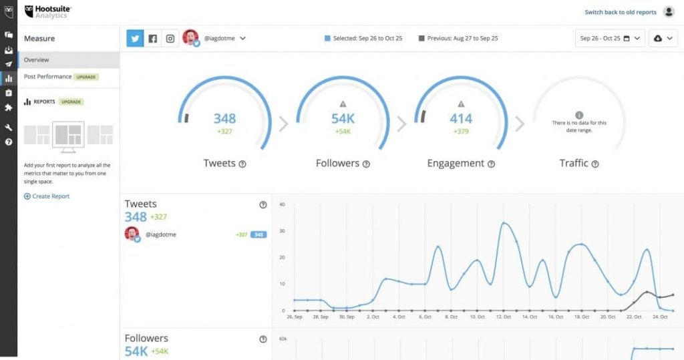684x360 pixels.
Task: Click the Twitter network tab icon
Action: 136,39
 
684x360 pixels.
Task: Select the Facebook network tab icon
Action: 153,39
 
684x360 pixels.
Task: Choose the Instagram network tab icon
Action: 170,39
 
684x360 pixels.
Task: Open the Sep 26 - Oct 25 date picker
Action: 609,39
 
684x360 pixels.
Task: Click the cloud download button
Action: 663,39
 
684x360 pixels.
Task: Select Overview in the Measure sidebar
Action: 37,60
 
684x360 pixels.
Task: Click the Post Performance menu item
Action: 47,77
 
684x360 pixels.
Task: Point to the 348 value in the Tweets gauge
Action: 224,119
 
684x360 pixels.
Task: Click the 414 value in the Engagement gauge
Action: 461,119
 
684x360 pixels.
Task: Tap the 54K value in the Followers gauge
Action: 343,119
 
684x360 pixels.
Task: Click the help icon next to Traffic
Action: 595,164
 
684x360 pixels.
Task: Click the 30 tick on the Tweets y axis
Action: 282,231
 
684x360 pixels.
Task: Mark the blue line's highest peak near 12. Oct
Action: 504,223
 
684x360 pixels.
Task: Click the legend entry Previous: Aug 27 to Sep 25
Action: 458,39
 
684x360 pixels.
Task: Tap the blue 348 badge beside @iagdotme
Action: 259,235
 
